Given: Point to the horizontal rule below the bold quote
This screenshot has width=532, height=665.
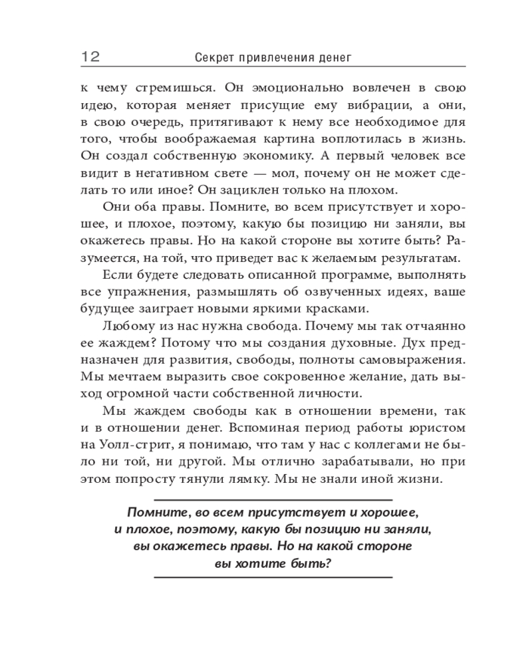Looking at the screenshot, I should pyautogui.click(x=273, y=577).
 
